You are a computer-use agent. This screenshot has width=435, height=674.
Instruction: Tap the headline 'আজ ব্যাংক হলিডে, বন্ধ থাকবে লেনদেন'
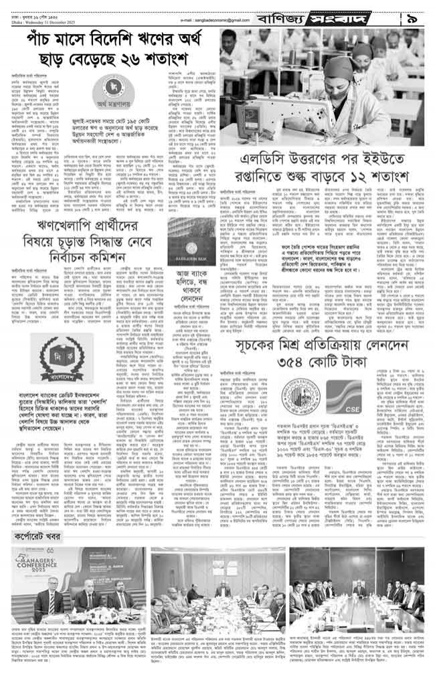pyautogui.click(x=193, y=274)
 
